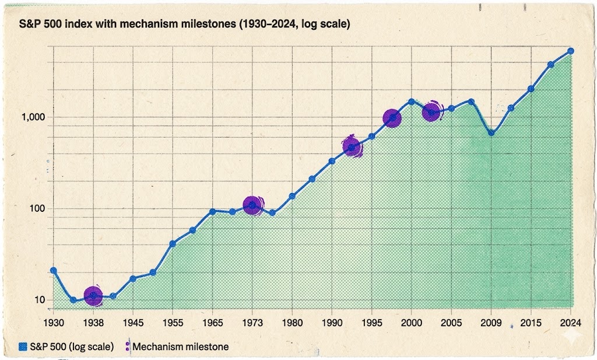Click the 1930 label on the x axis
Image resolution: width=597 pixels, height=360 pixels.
point(53,321)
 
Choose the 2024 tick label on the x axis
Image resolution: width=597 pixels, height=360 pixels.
point(571,321)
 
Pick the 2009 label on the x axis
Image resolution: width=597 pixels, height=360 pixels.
point(491,321)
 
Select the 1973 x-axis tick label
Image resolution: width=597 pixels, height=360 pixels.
point(252,321)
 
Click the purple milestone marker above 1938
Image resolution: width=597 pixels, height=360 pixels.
point(93,296)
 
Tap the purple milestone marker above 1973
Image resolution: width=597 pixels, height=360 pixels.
point(252,205)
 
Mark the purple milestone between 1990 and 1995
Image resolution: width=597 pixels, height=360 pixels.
point(352,147)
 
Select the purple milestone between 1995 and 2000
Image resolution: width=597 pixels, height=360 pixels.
point(392,118)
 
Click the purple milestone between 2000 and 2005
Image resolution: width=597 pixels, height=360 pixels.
point(431,111)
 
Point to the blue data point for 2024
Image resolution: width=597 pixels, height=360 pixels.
point(571,51)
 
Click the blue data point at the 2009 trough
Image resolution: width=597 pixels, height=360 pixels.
point(491,132)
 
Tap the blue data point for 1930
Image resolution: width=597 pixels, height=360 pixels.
point(54,271)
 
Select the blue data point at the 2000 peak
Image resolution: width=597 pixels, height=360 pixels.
point(412,102)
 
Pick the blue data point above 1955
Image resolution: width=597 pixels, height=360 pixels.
point(173,244)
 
